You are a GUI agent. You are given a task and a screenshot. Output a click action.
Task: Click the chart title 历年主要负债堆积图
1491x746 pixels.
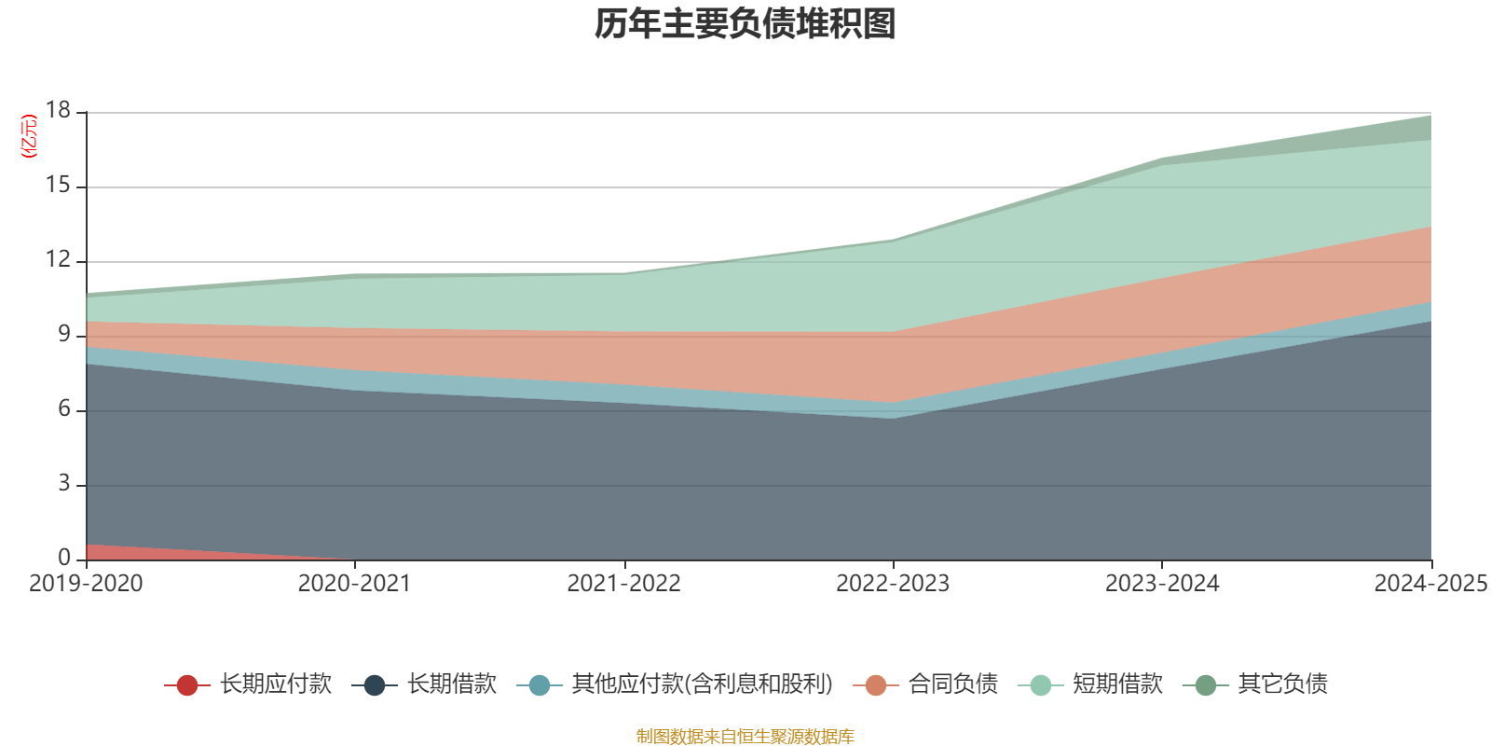(x=745, y=24)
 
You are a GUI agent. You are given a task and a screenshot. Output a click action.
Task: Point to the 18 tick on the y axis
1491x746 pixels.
(x=58, y=111)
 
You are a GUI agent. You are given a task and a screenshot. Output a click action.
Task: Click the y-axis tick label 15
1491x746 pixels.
(x=58, y=186)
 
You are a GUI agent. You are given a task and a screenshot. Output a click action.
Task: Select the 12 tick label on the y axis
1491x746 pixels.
(x=58, y=260)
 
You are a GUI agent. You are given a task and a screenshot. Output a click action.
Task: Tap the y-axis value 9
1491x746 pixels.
(x=64, y=335)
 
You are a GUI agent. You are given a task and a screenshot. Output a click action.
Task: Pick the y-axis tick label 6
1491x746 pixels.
(x=64, y=409)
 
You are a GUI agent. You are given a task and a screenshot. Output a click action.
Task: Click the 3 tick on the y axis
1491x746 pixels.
(x=64, y=484)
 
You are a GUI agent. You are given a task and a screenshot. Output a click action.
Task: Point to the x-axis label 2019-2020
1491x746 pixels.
(x=86, y=584)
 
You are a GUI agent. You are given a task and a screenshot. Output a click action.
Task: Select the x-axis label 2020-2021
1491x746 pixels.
(x=354, y=584)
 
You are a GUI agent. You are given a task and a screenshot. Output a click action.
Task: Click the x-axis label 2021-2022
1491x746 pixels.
(x=623, y=584)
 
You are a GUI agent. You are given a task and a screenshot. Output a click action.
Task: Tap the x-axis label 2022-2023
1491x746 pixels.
(x=893, y=584)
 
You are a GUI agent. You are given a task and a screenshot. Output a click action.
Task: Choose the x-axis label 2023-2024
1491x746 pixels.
(x=1161, y=584)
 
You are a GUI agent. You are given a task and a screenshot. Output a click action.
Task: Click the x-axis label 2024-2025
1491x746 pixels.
(x=1430, y=584)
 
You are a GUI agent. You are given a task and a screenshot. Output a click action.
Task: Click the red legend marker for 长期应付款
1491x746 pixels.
(x=186, y=685)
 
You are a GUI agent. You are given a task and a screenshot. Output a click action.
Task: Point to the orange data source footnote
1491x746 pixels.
(x=745, y=737)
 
